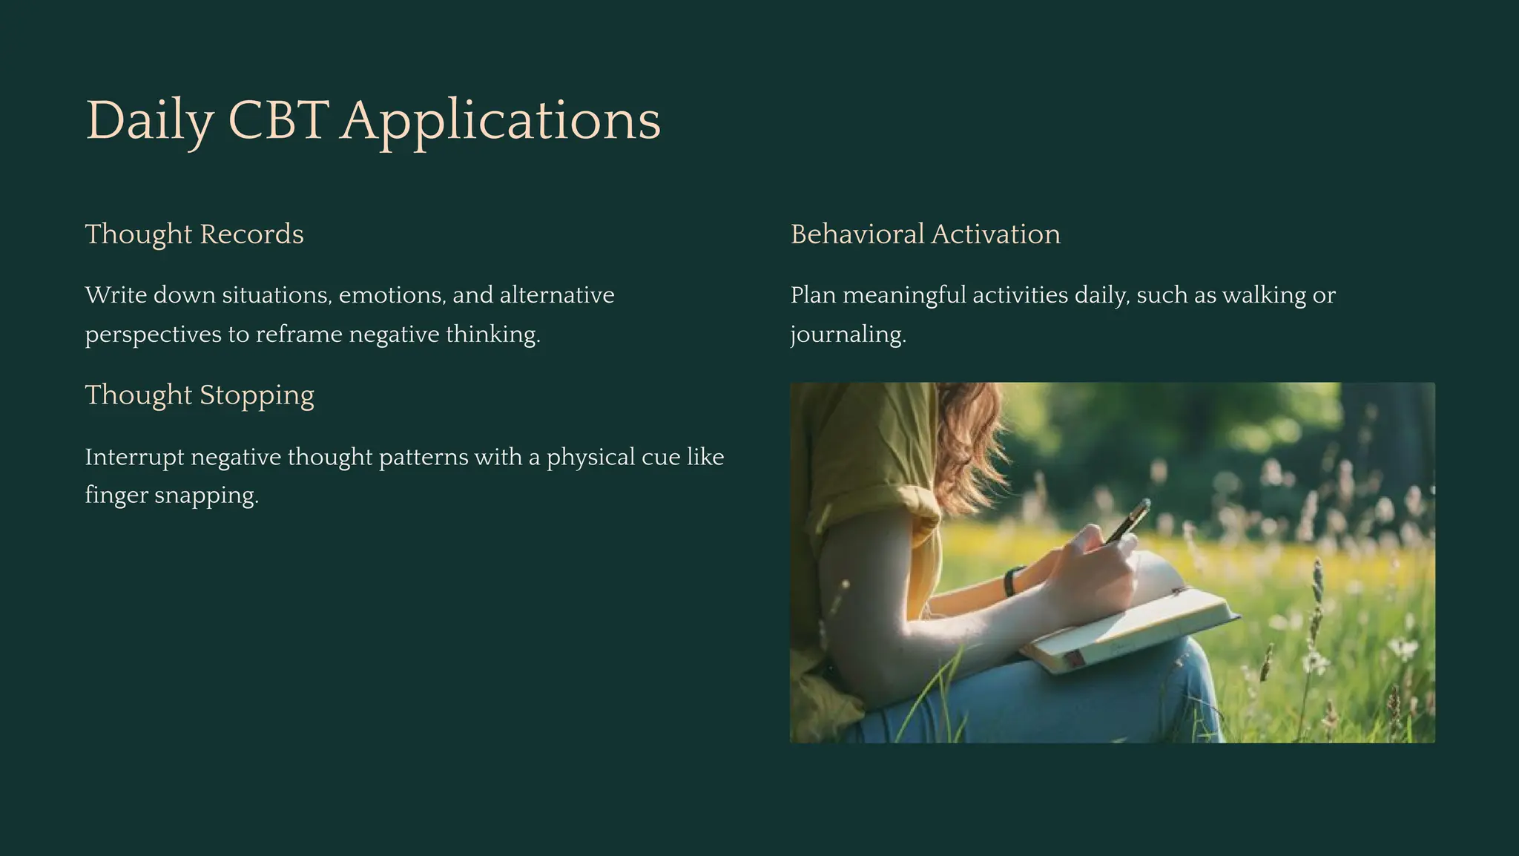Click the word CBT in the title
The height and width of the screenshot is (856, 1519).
(278, 120)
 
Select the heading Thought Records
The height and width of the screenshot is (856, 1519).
(194, 234)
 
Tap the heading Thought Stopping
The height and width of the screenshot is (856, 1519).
(200, 395)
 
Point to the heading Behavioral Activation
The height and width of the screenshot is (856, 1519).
(925, 234)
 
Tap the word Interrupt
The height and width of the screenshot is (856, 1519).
(134, 457)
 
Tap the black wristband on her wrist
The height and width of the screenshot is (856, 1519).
(1012, 582)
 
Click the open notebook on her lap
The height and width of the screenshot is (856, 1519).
(1135, 631)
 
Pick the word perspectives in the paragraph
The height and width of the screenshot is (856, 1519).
(153, 335)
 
